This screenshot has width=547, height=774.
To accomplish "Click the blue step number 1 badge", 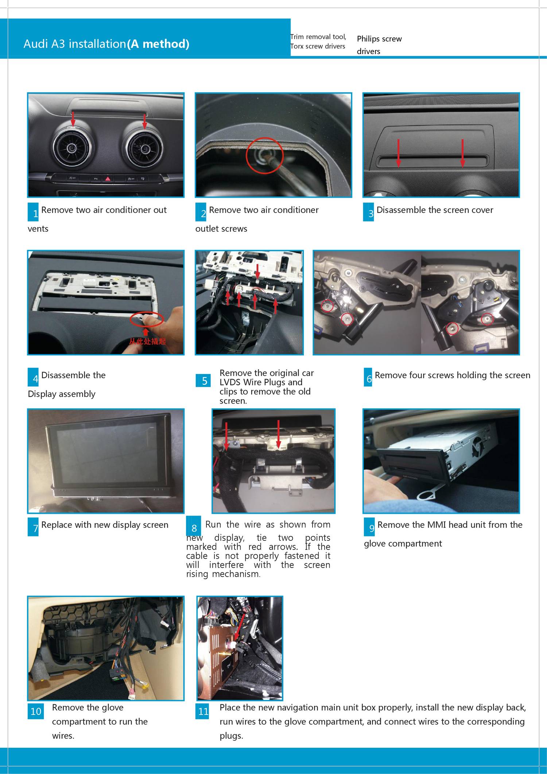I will [x=33, y=212].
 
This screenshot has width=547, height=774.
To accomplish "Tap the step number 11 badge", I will [x=203, y=711].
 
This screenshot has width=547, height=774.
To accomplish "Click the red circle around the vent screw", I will [x=264, y=155].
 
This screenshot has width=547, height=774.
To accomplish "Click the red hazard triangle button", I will [x=108, y=179].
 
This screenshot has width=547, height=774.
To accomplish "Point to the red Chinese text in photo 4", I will [x=147, y=342].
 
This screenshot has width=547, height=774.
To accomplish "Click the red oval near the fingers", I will [x=147, y=319].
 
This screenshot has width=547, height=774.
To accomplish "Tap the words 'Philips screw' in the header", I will [x=379, y=39].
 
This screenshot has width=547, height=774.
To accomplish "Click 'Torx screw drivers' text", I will [x=318, y=46].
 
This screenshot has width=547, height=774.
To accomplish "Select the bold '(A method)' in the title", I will [x=158, y=44].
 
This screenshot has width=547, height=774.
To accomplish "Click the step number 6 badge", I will [x=368, y=377].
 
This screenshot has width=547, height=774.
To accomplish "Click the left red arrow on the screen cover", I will [x=399, y=153].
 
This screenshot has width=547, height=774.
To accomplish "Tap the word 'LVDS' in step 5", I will [x=230, y=382].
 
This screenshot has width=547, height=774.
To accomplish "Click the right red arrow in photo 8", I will [x=278, y=434].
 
